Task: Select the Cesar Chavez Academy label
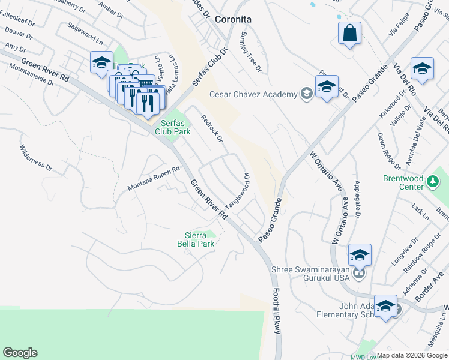[x=253, y=94]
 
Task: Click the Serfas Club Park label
[x=172, y=127]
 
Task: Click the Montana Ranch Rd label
[x=154, y=179]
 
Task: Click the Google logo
[x=20, y=353]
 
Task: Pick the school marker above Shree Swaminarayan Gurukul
[x=360, y=254]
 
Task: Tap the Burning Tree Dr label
[x=252, y=52]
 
